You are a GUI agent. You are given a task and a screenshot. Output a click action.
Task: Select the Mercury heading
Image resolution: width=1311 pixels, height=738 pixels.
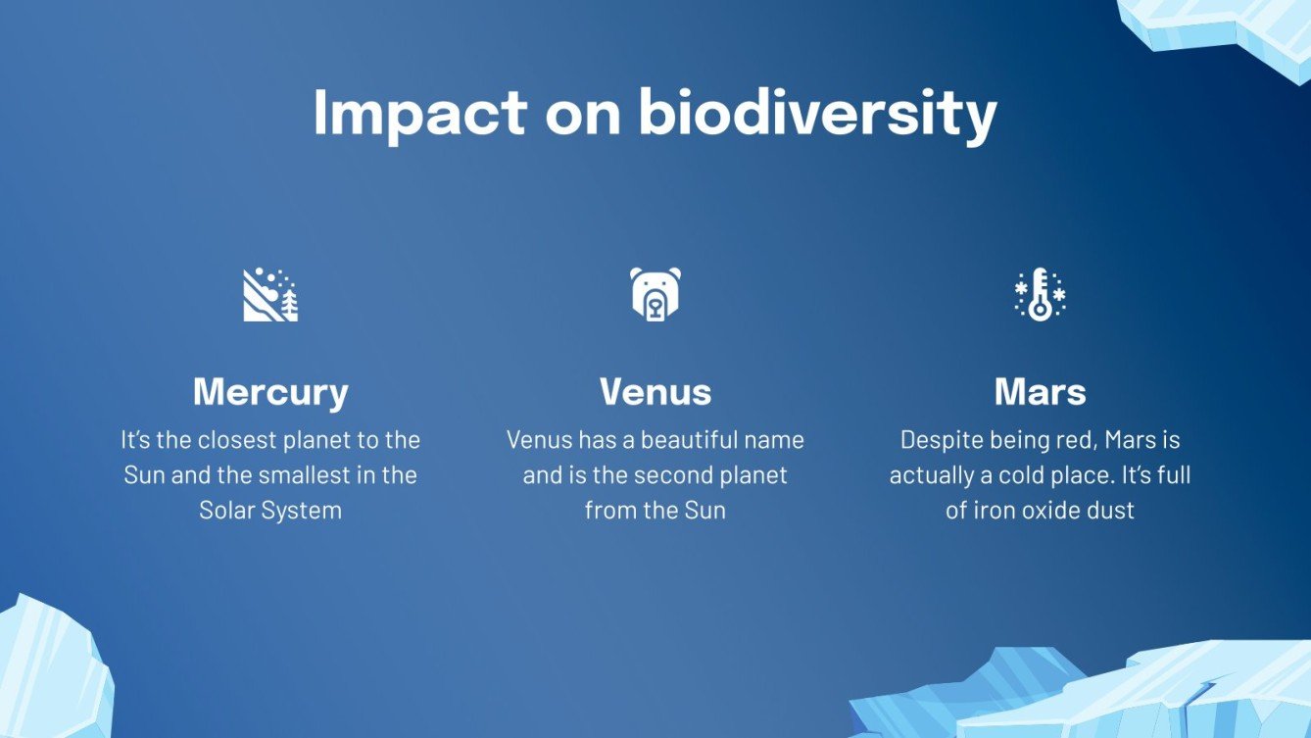(270, 393)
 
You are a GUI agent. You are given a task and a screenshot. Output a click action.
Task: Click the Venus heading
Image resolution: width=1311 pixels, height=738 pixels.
(655, 391)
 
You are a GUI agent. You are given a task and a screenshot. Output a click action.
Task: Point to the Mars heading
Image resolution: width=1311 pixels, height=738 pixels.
(1040, 391)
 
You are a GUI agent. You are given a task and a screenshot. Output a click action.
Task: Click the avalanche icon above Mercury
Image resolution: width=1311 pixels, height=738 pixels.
(270, 294)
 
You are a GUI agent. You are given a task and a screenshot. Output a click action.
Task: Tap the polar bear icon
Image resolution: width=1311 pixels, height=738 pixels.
(655, 294)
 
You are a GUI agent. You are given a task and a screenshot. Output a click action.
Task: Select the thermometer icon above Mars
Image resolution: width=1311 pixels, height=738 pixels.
(1040, 294)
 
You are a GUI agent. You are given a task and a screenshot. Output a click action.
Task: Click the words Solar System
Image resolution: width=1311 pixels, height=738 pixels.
(270, 511)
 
